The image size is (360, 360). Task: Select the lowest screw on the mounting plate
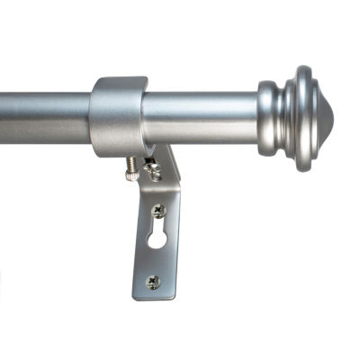[152, 281]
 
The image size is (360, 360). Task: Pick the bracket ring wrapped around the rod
[117, 115]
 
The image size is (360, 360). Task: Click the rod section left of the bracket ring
[45, 111]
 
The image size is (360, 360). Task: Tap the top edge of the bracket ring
[118, 81]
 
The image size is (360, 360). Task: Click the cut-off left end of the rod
[3, 112]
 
